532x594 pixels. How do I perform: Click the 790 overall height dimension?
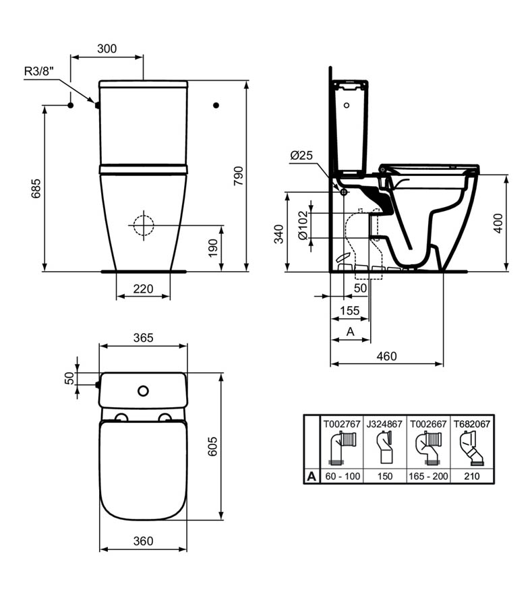[238, 175]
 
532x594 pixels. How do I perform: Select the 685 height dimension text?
[36, 189]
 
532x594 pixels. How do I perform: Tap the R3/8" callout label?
[39, 71]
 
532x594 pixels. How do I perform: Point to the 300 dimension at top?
[107, 49]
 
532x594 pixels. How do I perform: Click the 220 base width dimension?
[143, 289]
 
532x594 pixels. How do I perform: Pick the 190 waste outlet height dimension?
[213, 248]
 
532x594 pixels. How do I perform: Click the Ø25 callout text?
[301, 155]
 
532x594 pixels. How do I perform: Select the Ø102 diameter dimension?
[303, 226]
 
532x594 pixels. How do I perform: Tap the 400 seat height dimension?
[498, 223]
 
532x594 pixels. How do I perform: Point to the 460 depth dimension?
[386, 356]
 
